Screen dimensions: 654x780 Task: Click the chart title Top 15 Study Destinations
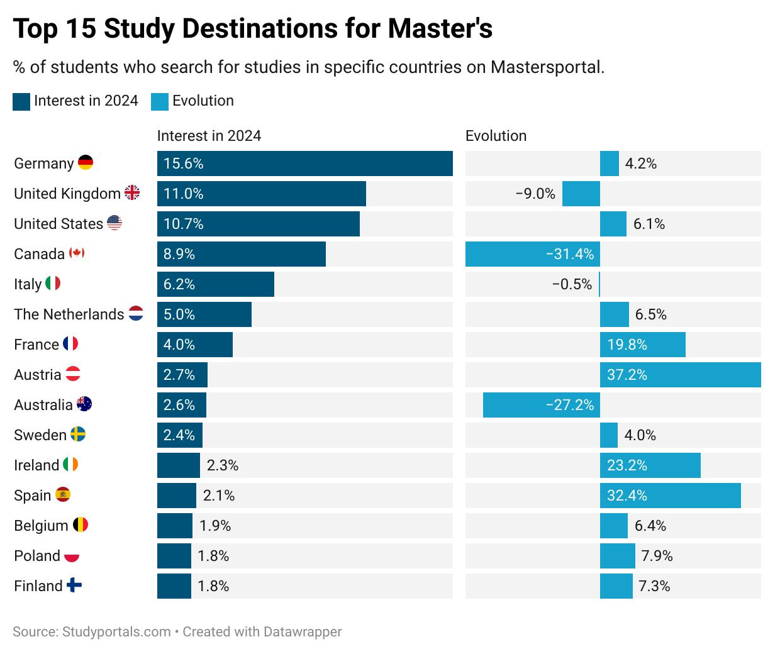coord(252,29)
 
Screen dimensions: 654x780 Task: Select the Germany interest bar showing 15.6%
coord(304,163)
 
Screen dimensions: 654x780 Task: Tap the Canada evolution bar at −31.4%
coord(532,254)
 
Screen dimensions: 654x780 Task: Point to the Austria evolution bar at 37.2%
coord(680,375)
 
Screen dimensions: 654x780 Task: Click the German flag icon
coord(86,163)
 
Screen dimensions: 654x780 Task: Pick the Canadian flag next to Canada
coord(77,253)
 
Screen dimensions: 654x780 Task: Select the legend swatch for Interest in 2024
coord(21,102)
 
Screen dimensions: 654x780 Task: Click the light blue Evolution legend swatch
coord(160,102)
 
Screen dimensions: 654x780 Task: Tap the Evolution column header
coord(496,136)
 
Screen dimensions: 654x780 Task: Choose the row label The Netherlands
coord(69,314)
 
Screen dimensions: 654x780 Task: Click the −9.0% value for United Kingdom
coord(535,194)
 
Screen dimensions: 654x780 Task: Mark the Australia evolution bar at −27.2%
coord(541,405)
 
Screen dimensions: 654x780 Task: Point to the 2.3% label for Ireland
coord(223,465)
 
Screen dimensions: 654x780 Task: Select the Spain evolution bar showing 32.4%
coord(670,496)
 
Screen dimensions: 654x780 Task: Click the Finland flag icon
coord(74,585)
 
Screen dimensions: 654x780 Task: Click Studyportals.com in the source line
coord(116,631)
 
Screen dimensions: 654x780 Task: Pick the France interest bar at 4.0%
coord(194,345)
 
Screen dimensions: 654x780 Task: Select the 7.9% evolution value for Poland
coord(657,556)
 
